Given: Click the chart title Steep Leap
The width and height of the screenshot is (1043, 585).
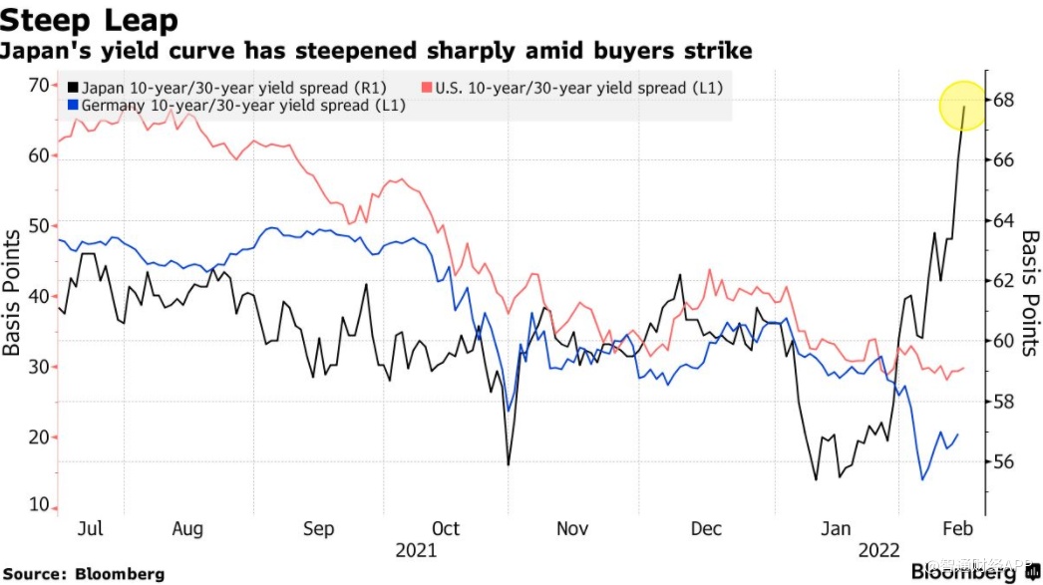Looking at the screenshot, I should tap(91, 19).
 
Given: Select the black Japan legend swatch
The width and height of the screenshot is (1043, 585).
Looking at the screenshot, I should tap(76, 88).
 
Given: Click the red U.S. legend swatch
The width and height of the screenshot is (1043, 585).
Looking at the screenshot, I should tap(428, 88).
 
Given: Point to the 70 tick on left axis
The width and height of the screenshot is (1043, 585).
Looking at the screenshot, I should tap(37, 85).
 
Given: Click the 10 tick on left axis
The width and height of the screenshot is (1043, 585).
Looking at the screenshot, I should tap(37, 506).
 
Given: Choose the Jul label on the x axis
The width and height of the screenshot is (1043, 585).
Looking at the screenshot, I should tap(90, 528).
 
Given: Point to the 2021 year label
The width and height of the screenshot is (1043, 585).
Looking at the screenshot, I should tap(415, 551).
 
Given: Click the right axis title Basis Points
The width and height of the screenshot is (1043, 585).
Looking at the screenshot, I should tap(1030, 293).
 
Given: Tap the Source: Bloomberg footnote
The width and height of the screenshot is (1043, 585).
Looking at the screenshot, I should tap(85, 574).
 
